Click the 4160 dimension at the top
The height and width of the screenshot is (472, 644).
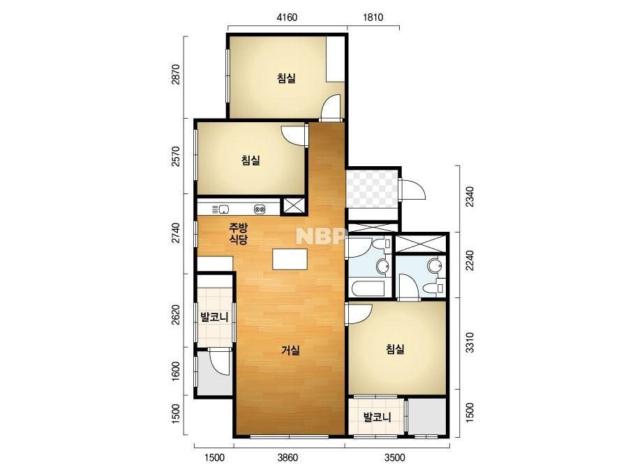pos(287,17)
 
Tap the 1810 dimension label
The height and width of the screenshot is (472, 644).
pos(373,17)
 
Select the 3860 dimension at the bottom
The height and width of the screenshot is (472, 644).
pos(287,457)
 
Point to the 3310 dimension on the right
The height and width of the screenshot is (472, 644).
pos(470,342)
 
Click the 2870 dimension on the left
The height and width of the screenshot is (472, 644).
pos(176,75)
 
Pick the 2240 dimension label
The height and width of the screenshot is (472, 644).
pos(470,260)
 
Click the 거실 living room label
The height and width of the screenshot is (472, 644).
pos(290,351)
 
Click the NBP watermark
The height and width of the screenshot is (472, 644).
pos(320,236)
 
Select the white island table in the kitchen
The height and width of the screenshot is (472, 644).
pos(290,259)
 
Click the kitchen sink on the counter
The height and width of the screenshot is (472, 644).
pos(224,209)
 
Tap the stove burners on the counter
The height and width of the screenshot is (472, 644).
pos(260,209)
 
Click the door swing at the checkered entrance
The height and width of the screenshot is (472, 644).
pos(412,189)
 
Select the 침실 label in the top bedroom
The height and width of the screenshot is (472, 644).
pos(286,78)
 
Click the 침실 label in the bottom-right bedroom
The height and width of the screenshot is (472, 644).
pos(395,349)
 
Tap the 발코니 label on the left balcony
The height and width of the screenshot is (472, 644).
pos(214,317)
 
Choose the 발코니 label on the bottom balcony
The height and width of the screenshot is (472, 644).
pos(377,418)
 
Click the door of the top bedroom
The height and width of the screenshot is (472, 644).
pos(331,108)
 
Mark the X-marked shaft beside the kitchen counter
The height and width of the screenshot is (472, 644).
pos(294,207)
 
